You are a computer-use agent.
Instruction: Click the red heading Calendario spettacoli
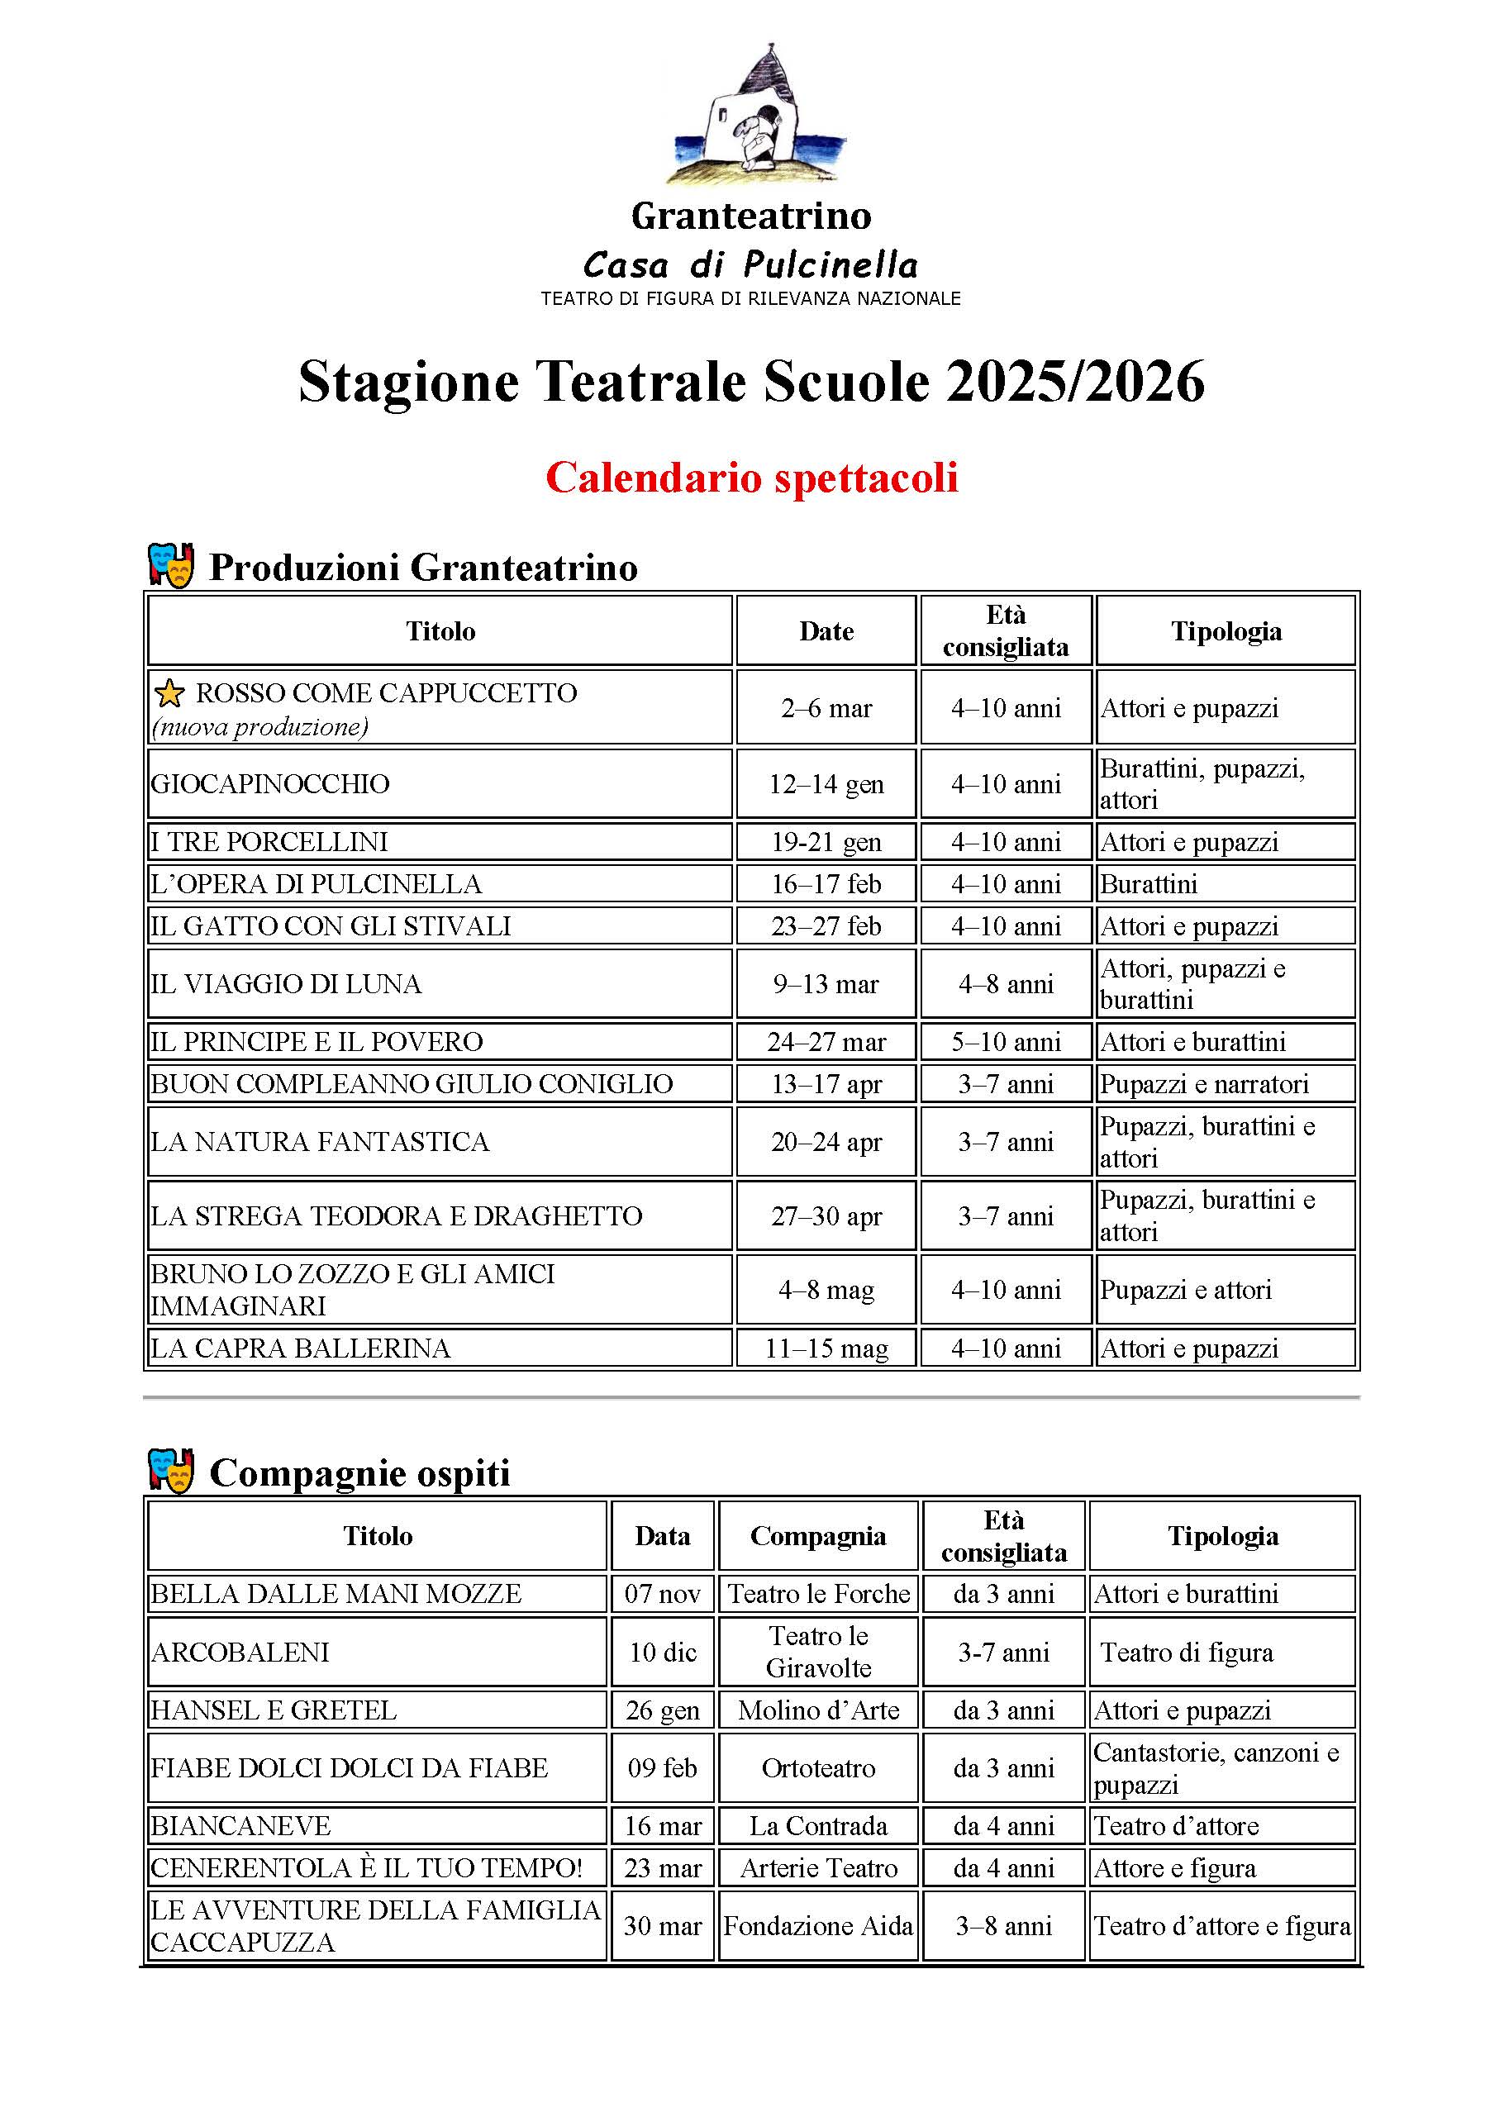point(751,478)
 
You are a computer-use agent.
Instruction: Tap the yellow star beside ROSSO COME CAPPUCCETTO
point(169,692)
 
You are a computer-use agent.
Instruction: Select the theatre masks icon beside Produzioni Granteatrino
point(171,565)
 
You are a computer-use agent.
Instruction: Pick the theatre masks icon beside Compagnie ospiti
point(171,1471)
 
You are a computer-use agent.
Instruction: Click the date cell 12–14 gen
point(826,784)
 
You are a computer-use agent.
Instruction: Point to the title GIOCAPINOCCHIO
point(270,784)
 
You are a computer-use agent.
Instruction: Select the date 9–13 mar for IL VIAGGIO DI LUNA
point(826,983)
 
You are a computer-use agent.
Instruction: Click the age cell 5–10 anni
point(1006,1042)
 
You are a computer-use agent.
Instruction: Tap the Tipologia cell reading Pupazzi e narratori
point(1204,1083)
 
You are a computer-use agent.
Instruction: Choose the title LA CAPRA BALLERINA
point(301,1348)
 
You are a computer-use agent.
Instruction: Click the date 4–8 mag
point(826,1290)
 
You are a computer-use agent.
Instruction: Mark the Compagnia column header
point(818,1535)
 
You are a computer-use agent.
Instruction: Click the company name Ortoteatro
point(818,1767)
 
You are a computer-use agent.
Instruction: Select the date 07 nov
point(662,1594)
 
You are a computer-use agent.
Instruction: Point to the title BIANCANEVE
point(240,1826)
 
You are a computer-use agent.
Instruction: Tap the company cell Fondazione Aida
point(818,1926)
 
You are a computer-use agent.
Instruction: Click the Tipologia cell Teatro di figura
point(1187,1652)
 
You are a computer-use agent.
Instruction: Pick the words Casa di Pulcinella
point(751,265)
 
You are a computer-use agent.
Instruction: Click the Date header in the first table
point(826,631)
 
